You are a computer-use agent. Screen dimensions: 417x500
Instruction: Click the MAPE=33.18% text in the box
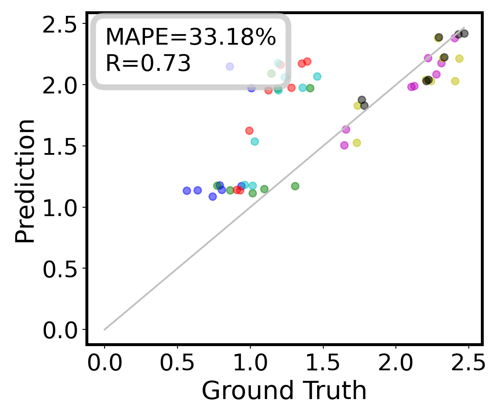[190, 38]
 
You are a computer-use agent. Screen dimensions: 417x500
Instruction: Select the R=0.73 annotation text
[148, 64]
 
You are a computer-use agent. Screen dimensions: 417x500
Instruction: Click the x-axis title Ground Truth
[284, 391]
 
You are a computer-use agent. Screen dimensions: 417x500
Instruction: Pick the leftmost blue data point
[187, 191]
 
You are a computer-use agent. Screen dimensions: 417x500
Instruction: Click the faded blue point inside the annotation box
[230, 66]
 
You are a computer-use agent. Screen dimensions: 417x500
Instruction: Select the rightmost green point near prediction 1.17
[295, 186]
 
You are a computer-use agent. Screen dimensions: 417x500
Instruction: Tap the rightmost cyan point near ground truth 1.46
[317, 76]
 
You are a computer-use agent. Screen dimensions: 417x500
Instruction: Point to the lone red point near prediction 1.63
[249, 131]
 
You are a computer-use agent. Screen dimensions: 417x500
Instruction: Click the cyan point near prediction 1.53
[255, 141]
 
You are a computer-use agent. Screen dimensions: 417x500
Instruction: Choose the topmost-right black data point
[465, 33]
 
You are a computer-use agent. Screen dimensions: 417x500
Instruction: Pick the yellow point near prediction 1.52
[357, 143]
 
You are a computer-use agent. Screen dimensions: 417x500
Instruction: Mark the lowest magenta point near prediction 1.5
[344, 145]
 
